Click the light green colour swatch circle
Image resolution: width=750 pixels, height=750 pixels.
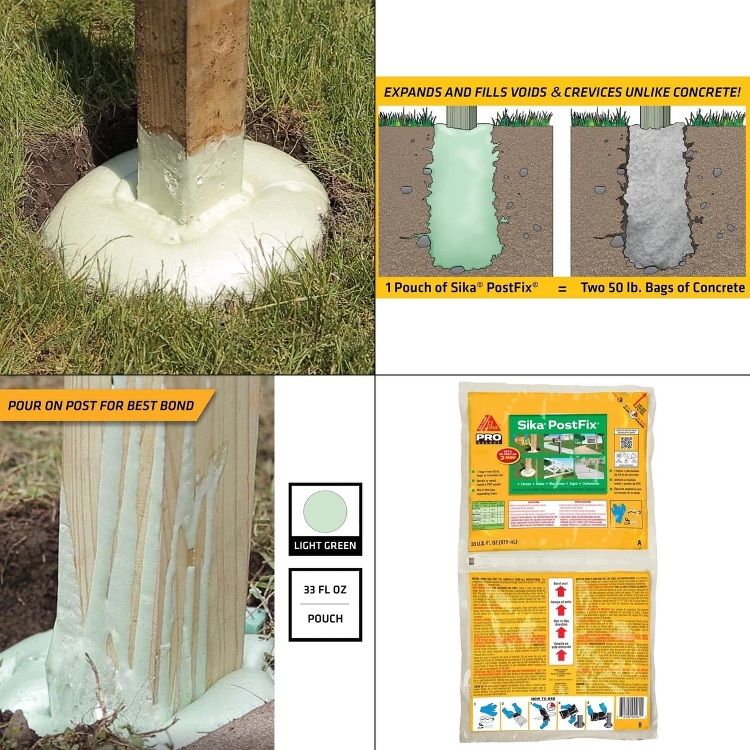(325, 511)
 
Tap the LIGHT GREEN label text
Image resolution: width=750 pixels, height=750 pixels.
(325, 546)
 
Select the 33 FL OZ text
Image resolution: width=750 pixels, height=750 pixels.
(325, 589)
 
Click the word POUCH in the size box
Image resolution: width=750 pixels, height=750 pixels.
(325, 618)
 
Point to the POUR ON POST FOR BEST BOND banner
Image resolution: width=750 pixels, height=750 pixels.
(101, 405)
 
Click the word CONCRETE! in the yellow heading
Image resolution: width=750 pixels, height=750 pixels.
(707, 92)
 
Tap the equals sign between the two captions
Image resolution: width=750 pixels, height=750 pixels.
(562, 289)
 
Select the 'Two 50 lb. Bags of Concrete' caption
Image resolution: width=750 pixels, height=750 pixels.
(662, 287)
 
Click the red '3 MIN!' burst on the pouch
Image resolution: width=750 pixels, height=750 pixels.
(507, 454)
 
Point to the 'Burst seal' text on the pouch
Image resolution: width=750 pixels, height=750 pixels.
(561, 583)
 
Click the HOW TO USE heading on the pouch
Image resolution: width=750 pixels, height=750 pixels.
(543, 699)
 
